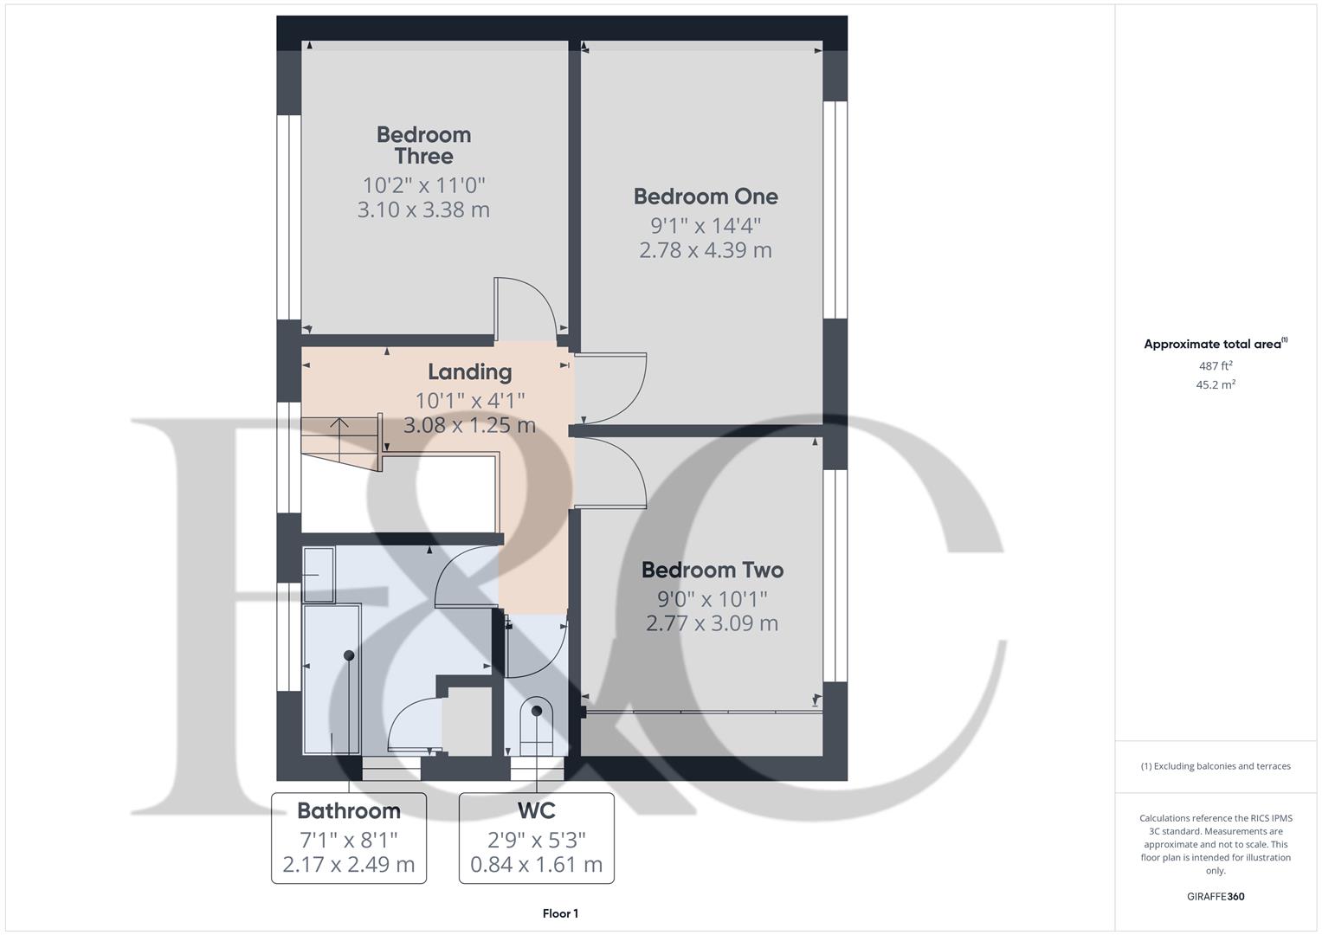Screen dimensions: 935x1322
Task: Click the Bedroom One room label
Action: pyautogui.click(x=706, y=197)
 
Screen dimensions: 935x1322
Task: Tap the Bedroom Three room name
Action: pyautogui.click(x=423, y=145)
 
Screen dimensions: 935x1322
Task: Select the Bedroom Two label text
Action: pyautogui.click(x=712, y=570)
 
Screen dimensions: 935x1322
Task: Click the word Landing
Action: pyautogui.click(x=469, y=371)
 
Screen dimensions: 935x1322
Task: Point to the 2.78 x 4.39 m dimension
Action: pyautogui.click(x=706, y=250)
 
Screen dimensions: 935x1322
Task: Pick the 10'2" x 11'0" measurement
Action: pyautogui.click(x=423, y=185)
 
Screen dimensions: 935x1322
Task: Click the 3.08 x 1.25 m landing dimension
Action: pyautogui.click(x=469, y=425)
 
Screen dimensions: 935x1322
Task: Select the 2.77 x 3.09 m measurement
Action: pyautogui.click(x=712, y=623)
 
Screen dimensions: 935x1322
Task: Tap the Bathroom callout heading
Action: pyautogui.click(x=348, y=810)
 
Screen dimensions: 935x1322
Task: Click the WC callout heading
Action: pyautogui.click(x=536, y=810)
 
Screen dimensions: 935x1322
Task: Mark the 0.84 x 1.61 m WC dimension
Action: pyautogui.click(x=536, y=864)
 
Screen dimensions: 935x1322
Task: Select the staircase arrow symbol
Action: pyautogui.click(x=339, y=426)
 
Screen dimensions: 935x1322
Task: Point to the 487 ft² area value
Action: pyautogui.click(x=1215, y=366)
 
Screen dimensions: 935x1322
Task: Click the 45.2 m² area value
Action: pyautogui.click(x=1215, y=385)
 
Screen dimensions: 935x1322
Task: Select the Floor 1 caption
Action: pyautogui.click(x=560, y=913)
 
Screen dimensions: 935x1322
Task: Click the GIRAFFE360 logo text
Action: pyautogui.click(x=1215, y=896)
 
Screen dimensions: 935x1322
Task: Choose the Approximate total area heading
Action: pyautogui.click(x=1215, y=344)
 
